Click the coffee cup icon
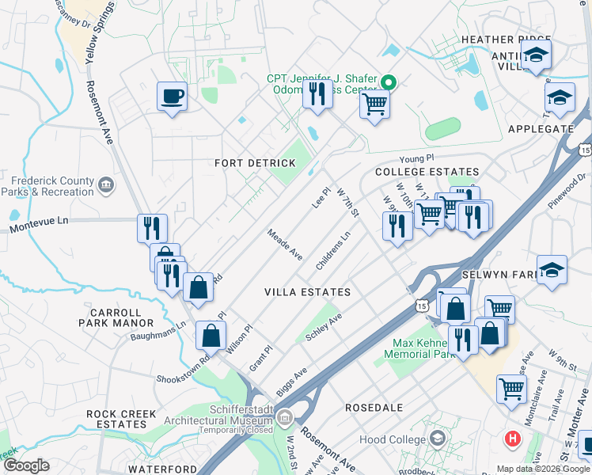click(172, 97)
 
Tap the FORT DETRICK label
click(255, 163)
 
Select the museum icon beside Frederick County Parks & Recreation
click(105, 186)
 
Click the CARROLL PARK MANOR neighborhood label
click(116, 317)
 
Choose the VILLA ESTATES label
click(308, 292)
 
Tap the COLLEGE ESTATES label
click(427, 172)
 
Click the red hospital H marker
click(513, 438)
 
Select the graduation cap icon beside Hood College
click(437, 439)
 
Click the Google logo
click(25, 465)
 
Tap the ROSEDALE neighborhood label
click(374, 408)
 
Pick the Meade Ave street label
click(284, 245)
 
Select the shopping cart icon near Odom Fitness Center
click(375, 104)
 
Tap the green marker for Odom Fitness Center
click(388, 82)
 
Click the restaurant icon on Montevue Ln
click(152, 228)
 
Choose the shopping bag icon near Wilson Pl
click(211, 335)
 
